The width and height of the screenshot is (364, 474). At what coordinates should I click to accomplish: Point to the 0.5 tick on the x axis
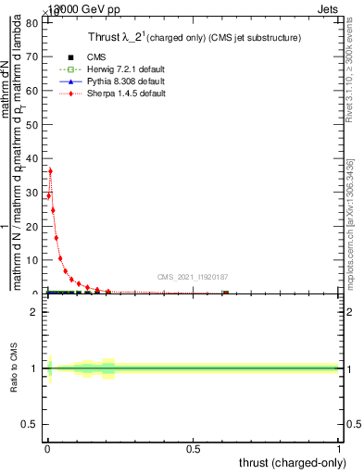[x=194, y=451]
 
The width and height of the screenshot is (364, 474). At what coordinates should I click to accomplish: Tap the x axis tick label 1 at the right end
[x=339, y=451]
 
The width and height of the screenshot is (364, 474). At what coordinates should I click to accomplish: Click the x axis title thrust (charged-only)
[x=293, y=464]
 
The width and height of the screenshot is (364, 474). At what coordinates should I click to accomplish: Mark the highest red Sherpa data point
[x=50, y=170]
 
